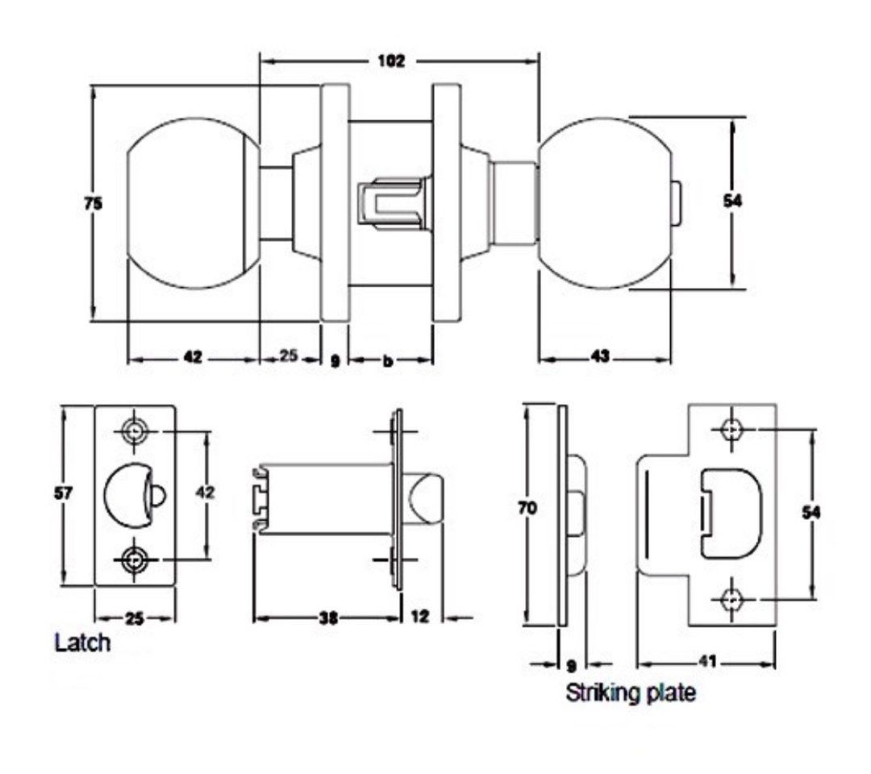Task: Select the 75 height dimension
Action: point(94,204)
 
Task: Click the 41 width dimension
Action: point(706,662)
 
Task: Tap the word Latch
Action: point(82,644)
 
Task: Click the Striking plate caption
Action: point(630,693)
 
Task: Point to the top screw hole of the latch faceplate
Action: point(134,431)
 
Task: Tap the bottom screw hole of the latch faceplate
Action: point(134,557)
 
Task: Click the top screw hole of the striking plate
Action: point(731,430)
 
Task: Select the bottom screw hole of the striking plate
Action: point(731,599)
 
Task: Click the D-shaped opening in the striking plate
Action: point(731,512)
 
